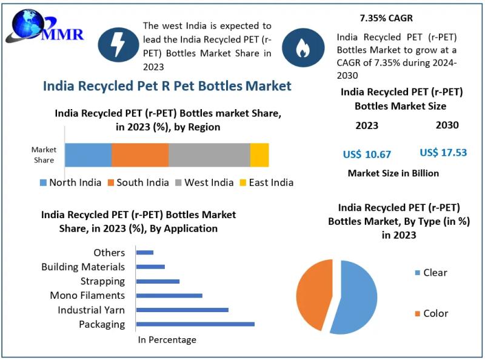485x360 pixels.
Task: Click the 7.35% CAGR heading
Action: [386, 18]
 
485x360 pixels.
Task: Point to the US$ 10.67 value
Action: [367, 154]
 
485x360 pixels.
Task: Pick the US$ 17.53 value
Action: [443, 153]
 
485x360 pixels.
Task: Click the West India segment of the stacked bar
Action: [209, 155]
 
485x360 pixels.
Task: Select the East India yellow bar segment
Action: [259, 155]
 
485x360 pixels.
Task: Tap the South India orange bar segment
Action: [140, 155]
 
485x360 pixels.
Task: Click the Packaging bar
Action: [195, 324]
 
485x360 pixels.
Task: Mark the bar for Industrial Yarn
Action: [182, 310]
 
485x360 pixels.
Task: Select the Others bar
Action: [145, 252]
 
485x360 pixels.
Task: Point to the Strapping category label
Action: [102, 281]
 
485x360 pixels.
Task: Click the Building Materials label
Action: [83, 267]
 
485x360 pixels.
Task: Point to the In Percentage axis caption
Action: [167, 340]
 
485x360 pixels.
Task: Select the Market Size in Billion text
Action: [393, 173]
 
